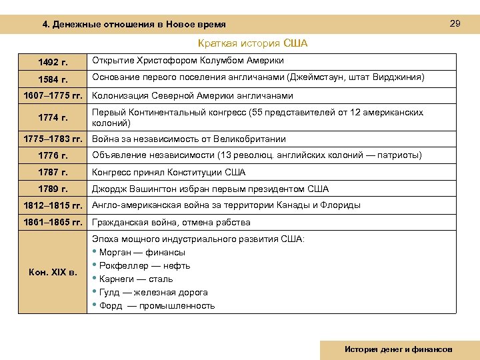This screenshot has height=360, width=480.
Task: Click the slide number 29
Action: coord(455,23)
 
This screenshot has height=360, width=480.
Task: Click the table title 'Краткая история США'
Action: coord(252,44)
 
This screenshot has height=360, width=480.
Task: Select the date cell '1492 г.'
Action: coord(53,62)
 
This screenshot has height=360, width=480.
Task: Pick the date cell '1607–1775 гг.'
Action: coord(53,96)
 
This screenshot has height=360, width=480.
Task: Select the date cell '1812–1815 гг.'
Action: coord(53,205)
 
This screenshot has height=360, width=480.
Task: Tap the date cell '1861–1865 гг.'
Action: coord(53,222)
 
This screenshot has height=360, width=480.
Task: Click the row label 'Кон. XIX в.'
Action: coord(53,272)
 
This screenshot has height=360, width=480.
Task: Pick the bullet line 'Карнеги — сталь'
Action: coord(135,279)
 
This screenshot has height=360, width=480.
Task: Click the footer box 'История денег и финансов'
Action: coord(398,349)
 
